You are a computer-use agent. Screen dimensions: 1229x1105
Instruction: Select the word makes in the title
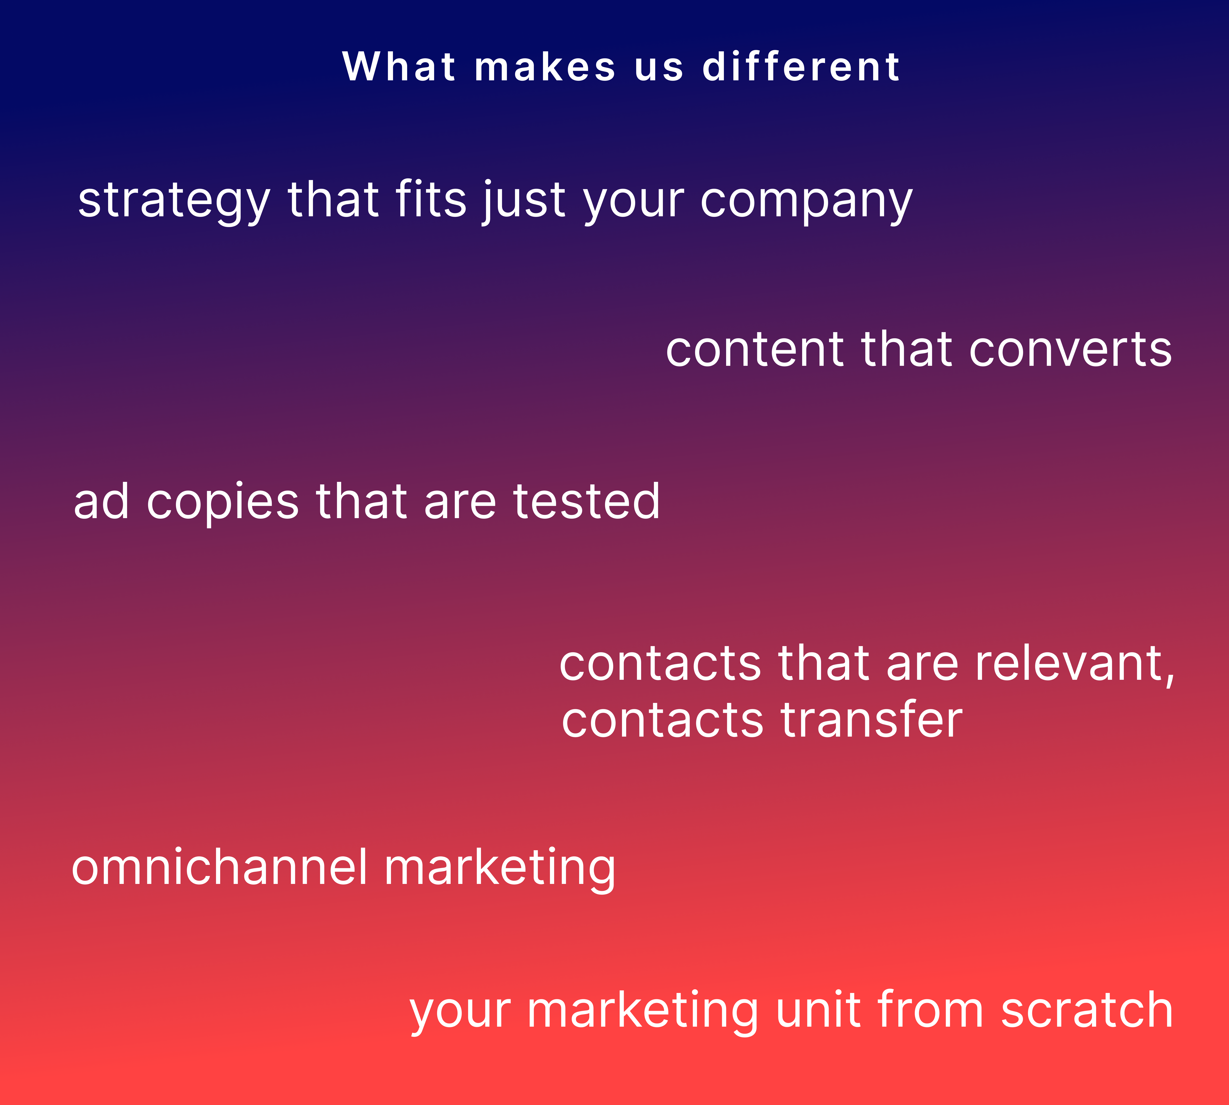[545, 67]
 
